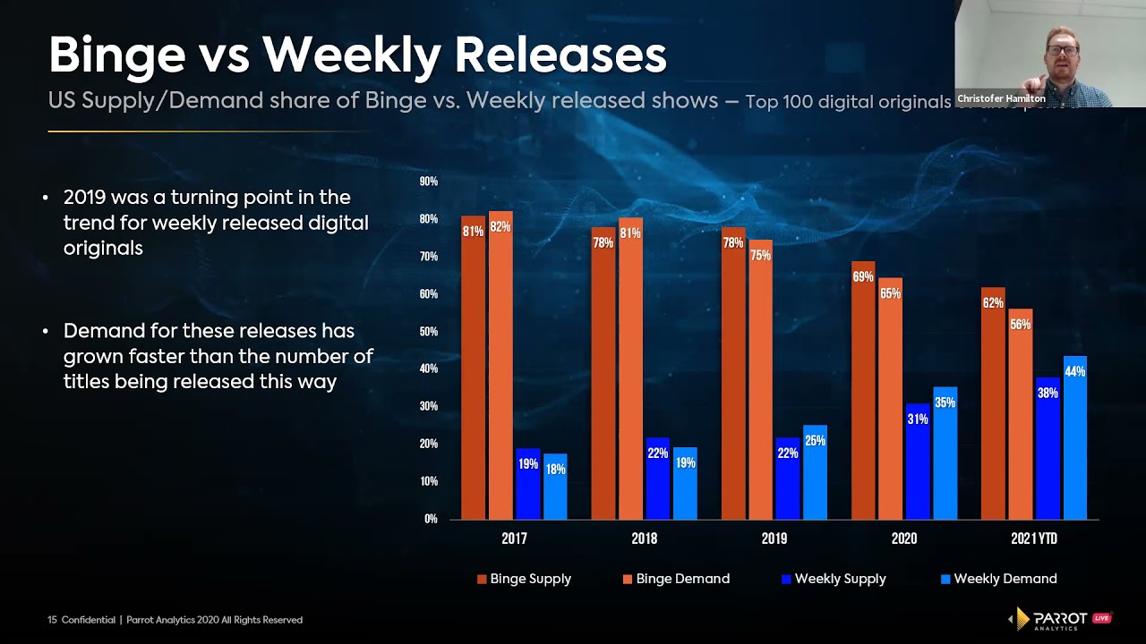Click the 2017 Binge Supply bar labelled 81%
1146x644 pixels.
point(473,367)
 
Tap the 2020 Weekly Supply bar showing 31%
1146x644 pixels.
point(918,461)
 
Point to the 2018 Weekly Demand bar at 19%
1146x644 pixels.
point(685,483)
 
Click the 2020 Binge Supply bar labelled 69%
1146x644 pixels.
point(863,390)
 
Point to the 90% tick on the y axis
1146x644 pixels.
point(428,182)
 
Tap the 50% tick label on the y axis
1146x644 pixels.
point(428,332)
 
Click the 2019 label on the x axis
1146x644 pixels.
point(774,538)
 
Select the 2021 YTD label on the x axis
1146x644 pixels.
point(1034,538)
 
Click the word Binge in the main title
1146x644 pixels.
point(113,55)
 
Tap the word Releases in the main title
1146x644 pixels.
point(560,55)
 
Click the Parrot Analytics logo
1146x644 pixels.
point(1060,619)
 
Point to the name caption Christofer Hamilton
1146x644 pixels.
point(1001,98)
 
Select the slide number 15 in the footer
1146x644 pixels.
point(52,620)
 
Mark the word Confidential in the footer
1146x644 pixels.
point(88,620)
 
